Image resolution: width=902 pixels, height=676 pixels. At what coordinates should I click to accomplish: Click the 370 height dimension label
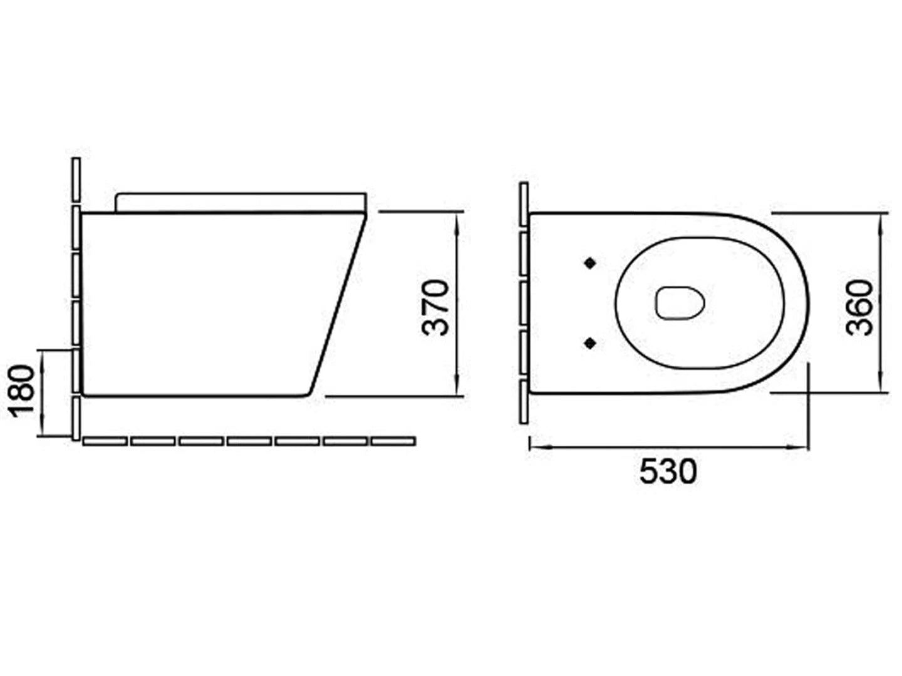437,307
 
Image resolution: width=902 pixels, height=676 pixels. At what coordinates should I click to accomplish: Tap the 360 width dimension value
859,307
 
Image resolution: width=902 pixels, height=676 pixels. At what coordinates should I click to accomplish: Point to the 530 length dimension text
668,471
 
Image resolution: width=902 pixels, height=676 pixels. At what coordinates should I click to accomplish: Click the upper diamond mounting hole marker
589,264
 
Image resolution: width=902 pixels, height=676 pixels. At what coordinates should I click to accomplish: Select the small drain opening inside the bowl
680,304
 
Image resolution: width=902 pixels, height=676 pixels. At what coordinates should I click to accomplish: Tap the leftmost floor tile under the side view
105,441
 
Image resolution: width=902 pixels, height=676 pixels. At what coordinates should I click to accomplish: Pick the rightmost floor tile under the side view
393,441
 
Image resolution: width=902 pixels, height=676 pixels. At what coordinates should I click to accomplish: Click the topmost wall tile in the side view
76,180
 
